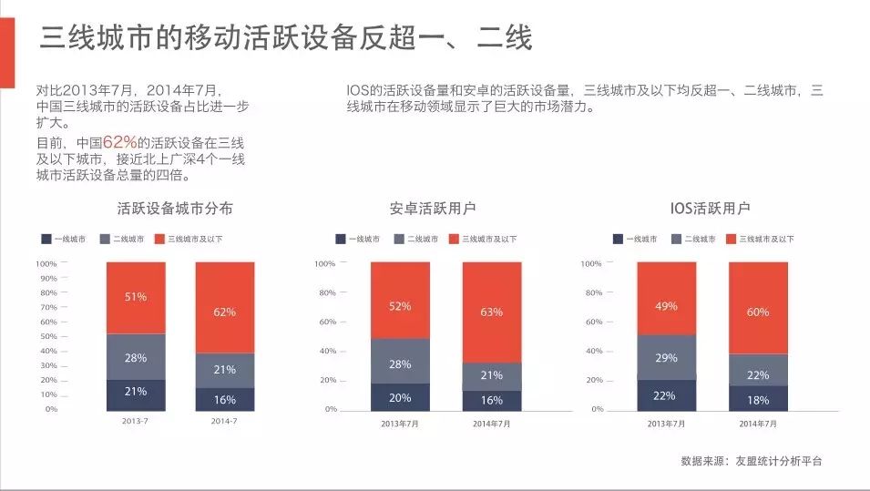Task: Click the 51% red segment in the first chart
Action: [136, 298]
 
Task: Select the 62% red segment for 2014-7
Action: [225, 312]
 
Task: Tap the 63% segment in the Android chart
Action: [492, 312]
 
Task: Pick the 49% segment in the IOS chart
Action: [666, 306]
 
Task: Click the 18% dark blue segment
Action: [758, 398]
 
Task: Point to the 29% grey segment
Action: [666, 358]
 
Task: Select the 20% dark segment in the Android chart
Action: [400, 397]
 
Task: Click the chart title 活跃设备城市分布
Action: [175, 209]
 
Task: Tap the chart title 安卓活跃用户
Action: [432, 209]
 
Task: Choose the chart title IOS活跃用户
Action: [709, 209]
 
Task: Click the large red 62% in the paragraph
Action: [119, 143]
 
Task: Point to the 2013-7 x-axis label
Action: [136, 422]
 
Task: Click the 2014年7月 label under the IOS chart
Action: [758, 424]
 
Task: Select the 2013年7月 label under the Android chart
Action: [400, 424]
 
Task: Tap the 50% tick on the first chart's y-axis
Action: [47, 336]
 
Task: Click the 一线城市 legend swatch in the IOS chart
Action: [618, 240]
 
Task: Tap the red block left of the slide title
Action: [7, 45]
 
